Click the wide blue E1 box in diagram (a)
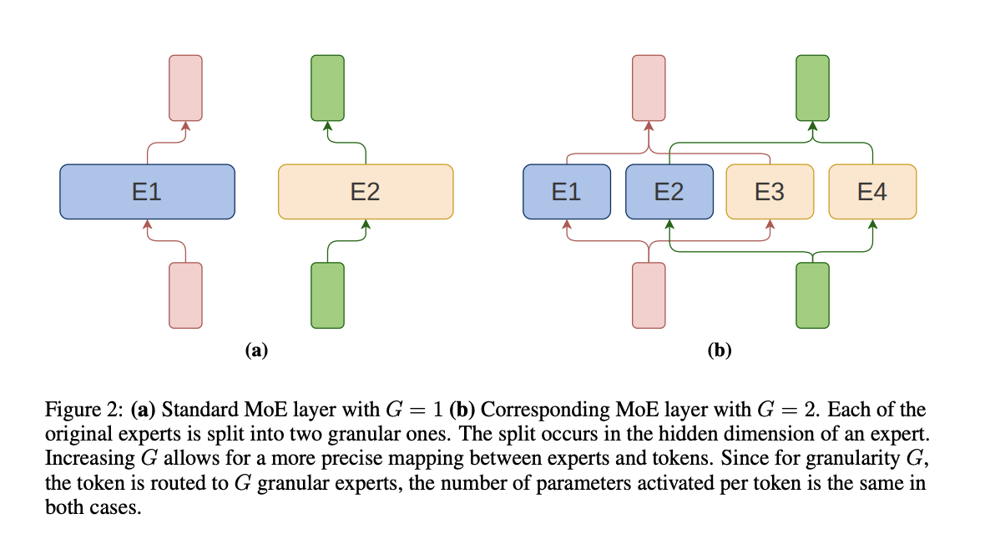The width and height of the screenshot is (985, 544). [x=147, y=192]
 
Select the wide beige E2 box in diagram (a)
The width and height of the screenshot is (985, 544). [x=365, y=192]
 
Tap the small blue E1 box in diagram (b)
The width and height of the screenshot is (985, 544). [x=566, y=192]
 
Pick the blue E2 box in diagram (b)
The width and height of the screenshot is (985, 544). [x=669, y=192]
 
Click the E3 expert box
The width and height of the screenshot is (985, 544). [x=770, y=192]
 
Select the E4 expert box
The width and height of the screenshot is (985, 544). [x=872, y=192]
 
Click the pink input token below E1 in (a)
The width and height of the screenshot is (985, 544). [x=185, y=295]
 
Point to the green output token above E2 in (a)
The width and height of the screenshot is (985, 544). [x=327, y=88]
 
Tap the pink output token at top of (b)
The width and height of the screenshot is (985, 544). [x=649, y=88]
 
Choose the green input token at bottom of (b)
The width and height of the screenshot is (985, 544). [x=812, y=295]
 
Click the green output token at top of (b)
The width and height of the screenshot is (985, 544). [x=812, y=88]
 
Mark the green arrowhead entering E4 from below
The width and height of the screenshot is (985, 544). [x=872, y=224]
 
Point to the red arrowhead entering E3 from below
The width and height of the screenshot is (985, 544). [x=770, y=224]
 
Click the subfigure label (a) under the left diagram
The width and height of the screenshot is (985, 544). [x=256, y=350]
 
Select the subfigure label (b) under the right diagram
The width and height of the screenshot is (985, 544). [x=719, y=350]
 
